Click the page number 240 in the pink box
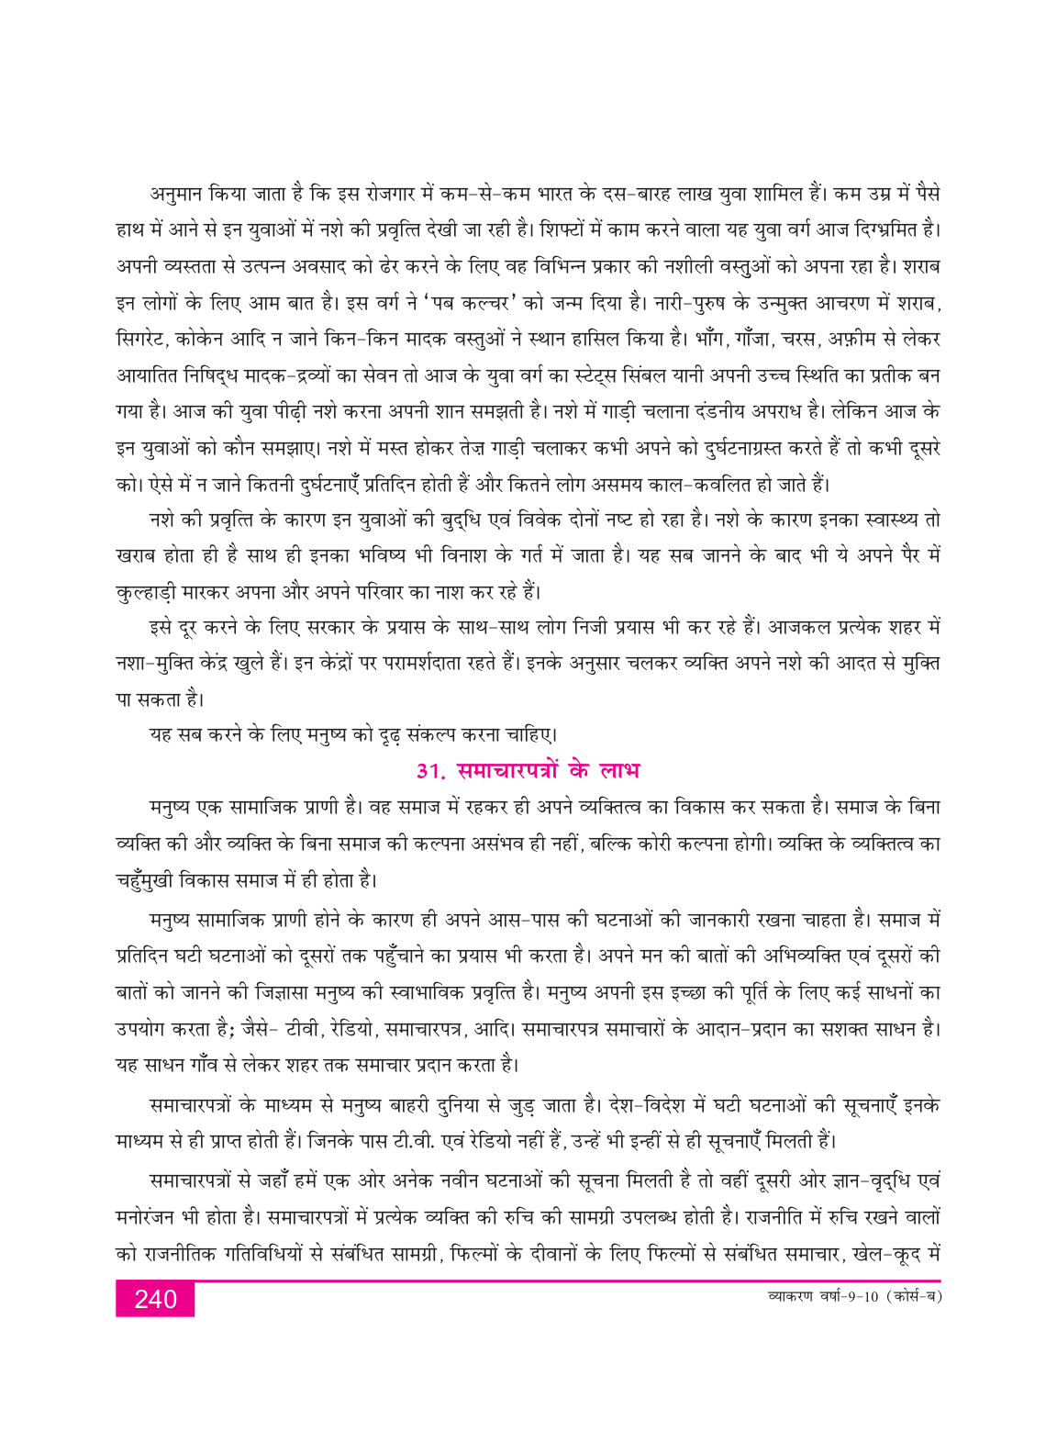[155, 1299]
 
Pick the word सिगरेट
[143, 340]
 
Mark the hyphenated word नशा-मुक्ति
[156, 665]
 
